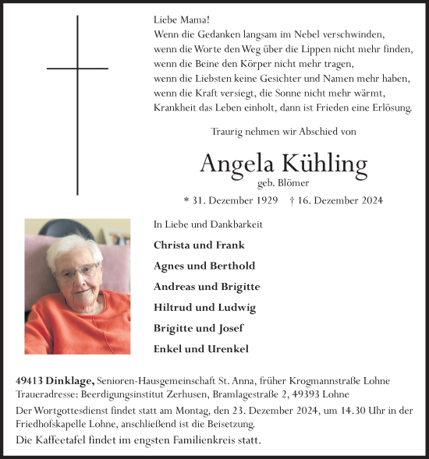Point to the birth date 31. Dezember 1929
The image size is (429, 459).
pyautogui.click(x=232, y=200)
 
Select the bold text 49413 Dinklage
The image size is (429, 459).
pyautogui.click(x=55, y=380)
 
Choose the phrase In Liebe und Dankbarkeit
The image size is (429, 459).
pyautogui.click(x=208, y=224)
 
